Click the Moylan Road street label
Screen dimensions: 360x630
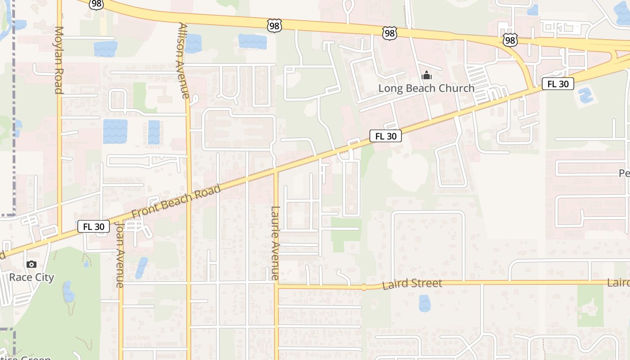pos(58,60)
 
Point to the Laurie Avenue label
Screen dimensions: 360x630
pos(275,243)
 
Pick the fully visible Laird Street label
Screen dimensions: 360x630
pos(412,284)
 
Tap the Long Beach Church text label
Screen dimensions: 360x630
pos(426,88)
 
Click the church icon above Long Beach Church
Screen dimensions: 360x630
pos(426,76)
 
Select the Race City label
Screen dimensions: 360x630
pos(31,277)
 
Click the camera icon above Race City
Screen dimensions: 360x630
pos(31,265)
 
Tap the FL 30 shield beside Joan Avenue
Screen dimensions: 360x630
pos(94,226)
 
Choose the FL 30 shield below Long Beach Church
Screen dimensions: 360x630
pos(386,136)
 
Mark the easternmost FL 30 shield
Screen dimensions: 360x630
pos(558,84)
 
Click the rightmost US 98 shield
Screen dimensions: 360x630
pos(510,40)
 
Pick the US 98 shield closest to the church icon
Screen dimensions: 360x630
pos(390,32)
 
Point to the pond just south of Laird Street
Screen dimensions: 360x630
pos(424,303)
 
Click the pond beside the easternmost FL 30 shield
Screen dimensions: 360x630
pos(585,96)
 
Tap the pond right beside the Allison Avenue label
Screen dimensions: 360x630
pos(193,43)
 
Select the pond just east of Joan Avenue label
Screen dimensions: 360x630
pos(141,267)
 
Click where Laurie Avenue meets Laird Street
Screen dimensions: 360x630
pos(276,285)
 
